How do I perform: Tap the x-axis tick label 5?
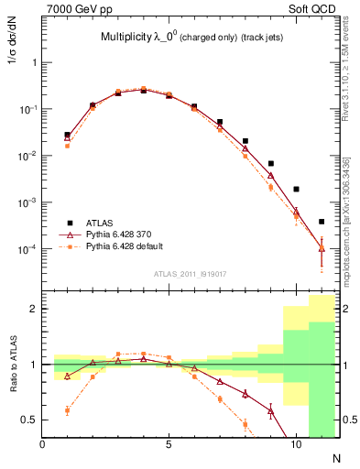coord(169,445)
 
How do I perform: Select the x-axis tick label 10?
coord(295,445)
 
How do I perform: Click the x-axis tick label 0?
coord(43,445)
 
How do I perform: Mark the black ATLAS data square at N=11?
coord(322,222)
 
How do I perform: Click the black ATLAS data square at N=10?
coord(296,189)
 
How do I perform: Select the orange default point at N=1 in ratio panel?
coord(68,410)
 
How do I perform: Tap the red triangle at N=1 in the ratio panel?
coord(68,376)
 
